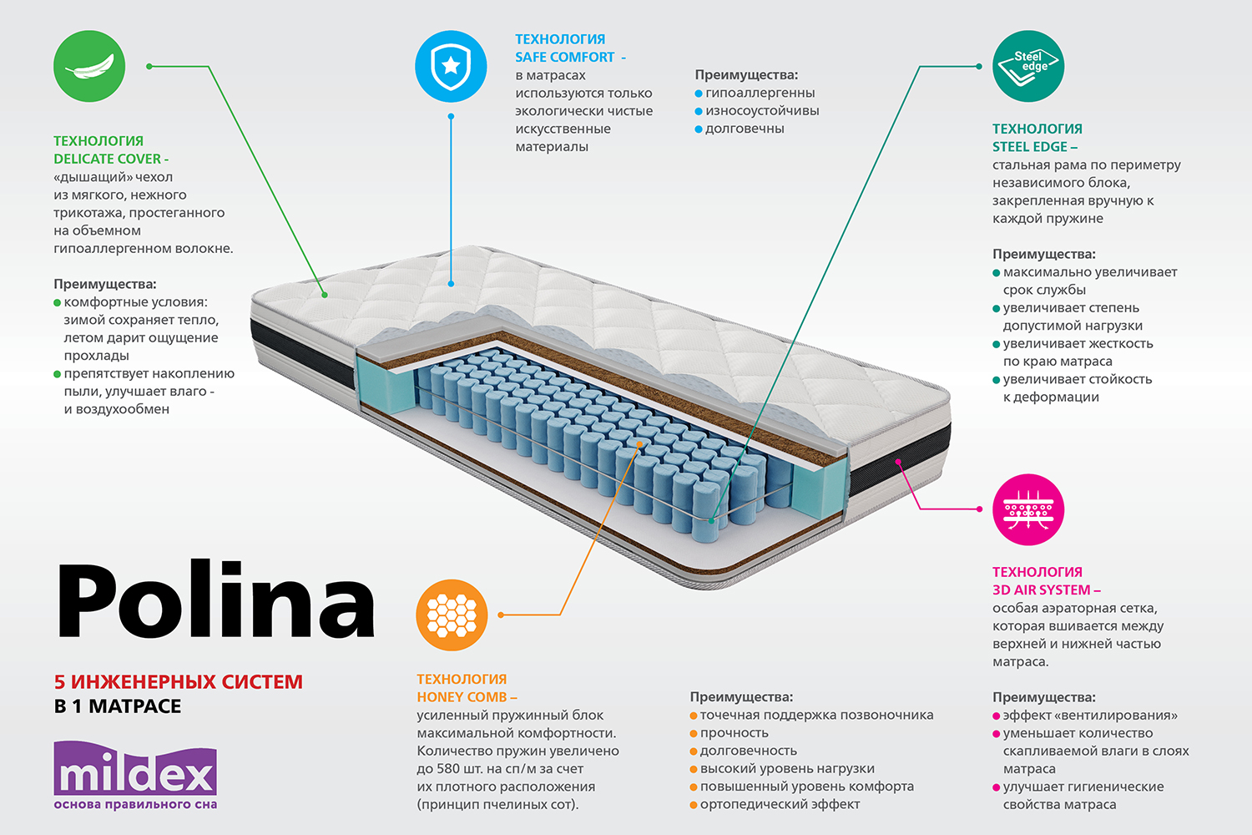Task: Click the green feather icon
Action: tap(89, 67)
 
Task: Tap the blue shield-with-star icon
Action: tap(451, 67)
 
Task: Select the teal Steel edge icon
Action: tap(1028, 67)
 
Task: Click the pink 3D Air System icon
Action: tap(1028, 510)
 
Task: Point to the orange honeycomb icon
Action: tap(452, 615)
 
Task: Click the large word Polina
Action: tap(215, 601)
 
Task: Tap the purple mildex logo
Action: tap(135, 770)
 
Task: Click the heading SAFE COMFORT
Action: tap(565, 57)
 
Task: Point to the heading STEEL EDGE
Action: tap(1030, 147)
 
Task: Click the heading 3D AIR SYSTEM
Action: tap(1042, 590)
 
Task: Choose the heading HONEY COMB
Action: tap(462, 697)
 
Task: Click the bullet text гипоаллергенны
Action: tap(760, 93)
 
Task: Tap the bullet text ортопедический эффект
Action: tap(780, 804)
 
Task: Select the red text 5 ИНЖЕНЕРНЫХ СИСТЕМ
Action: tap(179, 681)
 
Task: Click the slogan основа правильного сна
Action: tap(135, 805)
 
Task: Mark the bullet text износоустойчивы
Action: tap(762, 110)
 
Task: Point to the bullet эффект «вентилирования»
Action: tap(1090, 716)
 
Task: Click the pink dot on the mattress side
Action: tap(899, 462)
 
